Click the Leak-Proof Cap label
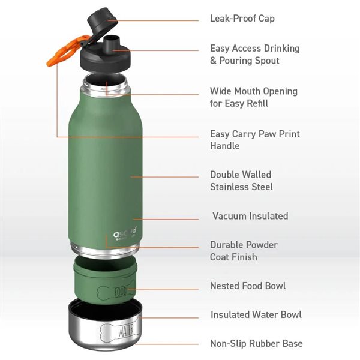[x=242, y=19]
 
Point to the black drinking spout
[x=110, y=43]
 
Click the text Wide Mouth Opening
[x=253, y=91]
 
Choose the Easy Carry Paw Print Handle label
[x=254, y=140]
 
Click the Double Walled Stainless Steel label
[x=241, y=181]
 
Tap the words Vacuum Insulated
[x=250, y=216]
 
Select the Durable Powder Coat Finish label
[x=244, y=251]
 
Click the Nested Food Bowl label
[x=248, y=286]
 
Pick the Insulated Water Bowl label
[x=256, y=314]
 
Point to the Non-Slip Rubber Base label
[x=256, y=344]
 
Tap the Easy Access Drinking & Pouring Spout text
[x=254, y=55]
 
